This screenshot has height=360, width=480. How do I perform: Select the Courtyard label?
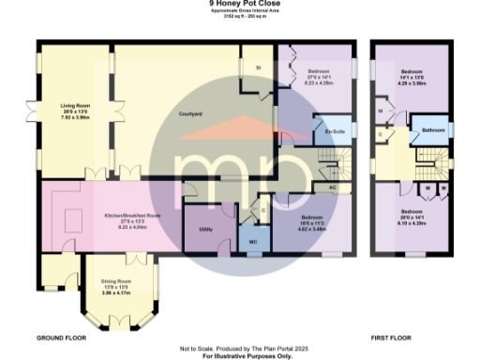point(191,114)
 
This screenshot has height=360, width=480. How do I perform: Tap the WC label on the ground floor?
point(252,241)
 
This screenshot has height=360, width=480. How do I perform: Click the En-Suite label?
point(333,131)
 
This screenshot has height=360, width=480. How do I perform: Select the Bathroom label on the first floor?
point(432,130)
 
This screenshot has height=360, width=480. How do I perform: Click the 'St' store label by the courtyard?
point(259,67)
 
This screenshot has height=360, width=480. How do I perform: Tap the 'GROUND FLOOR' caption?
point(63,336)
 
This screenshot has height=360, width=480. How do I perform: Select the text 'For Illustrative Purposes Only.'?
point(240,355)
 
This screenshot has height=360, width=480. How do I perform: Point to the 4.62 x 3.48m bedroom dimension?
point(311,228)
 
